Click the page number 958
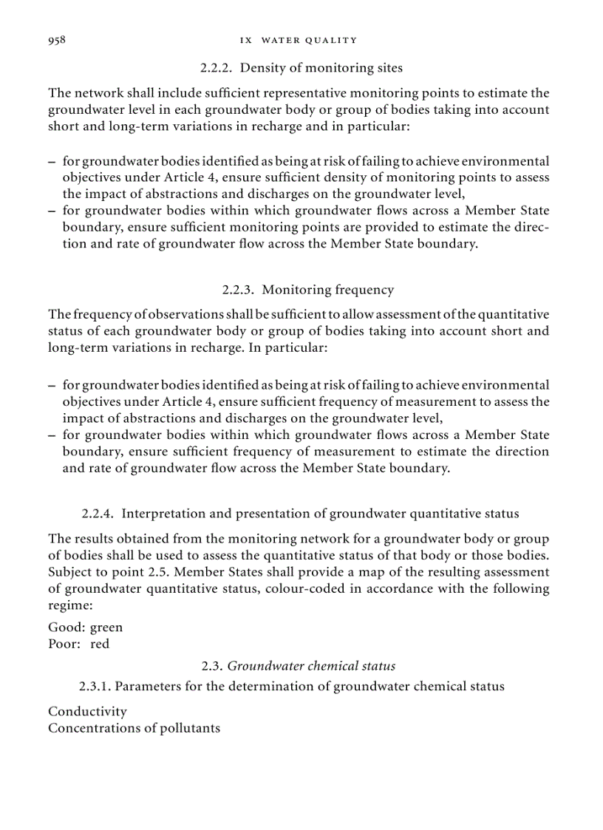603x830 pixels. [x=57, y=40]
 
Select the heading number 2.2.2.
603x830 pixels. [x=217, y=68]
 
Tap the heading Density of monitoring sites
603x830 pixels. [x=321, y=68]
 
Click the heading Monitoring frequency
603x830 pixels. [x=327, y=290]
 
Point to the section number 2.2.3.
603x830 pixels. [x=239, y=290]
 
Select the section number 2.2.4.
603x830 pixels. [x=98, y=513]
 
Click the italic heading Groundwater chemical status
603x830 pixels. [x=311, y=666]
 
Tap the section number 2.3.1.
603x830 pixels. [x=95, y=686]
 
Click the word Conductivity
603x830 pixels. [x=87, y=711]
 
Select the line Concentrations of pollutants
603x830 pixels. [x=134, y=728]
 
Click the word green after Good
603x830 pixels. [x=106, y=627]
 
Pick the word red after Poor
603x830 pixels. [x=100, y=644]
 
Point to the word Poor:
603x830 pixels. [x=64, y=644]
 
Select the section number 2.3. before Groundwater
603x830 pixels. [x=212, y=666]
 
